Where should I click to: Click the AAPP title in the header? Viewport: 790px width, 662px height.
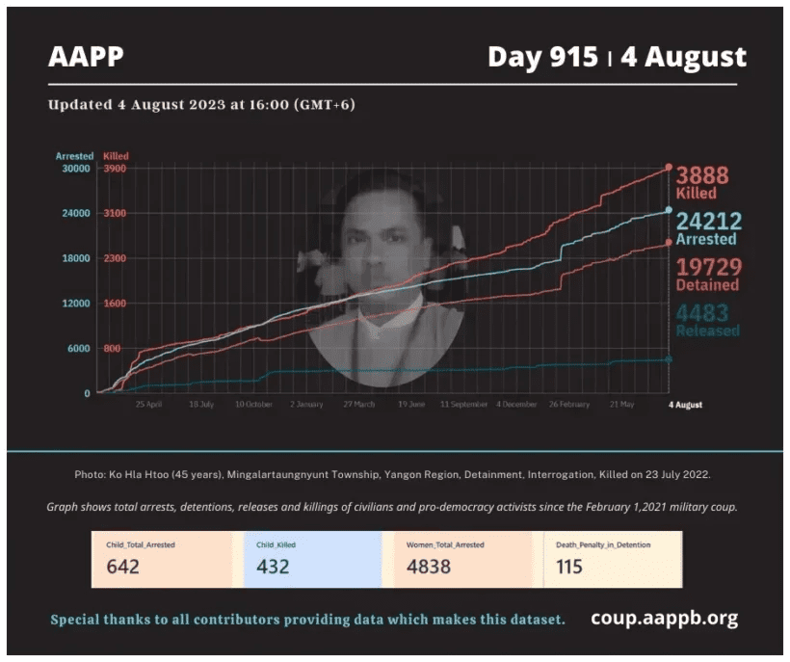[86, 57]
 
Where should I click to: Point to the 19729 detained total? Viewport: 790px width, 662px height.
[707, 268]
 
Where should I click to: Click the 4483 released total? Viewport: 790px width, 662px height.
[702, 313]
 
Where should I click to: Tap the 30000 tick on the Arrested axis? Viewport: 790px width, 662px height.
[74, 169]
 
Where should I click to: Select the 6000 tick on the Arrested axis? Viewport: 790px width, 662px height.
[76, 348]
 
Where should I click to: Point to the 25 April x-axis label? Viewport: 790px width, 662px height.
[148, 405]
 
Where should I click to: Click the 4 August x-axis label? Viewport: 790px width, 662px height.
[685, 405]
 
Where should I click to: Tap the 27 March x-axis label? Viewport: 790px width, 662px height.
[358, 405]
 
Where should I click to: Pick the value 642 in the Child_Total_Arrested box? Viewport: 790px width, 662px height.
[123, 567]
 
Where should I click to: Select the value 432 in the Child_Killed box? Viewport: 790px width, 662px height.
[274, 567]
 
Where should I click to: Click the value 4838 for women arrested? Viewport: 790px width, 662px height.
[429, 567]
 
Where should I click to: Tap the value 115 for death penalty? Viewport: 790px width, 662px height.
[569, 567]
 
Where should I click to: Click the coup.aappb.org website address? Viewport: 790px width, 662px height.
[664, 619]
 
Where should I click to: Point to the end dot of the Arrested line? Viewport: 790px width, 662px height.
[669, 210]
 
